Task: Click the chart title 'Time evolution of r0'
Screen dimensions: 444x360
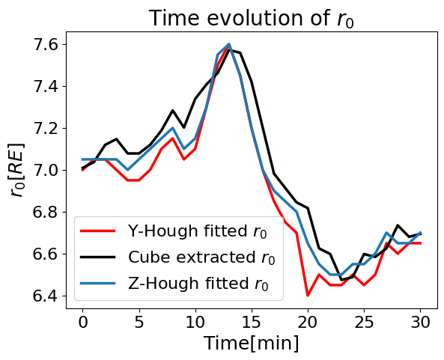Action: click(252, 19)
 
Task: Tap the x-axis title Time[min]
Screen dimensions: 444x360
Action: click(252, 344)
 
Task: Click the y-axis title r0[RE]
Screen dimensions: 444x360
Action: click(17, 170)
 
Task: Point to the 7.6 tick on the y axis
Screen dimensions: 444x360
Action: click(46, 45)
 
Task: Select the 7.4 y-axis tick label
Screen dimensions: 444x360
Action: click(46, 87)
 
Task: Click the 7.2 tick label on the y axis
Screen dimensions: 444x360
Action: click(46, 129)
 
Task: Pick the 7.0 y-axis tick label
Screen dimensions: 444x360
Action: click(46, 171)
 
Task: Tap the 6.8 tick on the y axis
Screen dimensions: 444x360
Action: click(46, 213)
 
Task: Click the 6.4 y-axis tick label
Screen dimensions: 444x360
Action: click(46, 296)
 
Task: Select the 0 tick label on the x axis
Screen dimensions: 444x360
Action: click(82, 322)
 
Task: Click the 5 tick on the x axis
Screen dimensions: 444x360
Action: click(139, 322)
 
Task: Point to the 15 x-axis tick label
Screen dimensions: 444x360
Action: click(252, 322)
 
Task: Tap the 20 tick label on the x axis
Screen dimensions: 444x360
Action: click(308, 322)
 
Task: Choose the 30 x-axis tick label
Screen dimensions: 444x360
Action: click(421, 322)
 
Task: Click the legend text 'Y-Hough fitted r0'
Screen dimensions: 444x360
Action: click(198, 231)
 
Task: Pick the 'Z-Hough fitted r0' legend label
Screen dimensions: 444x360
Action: click(198, 284)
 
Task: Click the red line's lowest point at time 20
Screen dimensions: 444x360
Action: click(308, 296)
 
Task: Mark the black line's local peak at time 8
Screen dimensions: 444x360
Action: click(172, 110)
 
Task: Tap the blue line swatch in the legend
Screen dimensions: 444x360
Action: click(98, 284)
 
